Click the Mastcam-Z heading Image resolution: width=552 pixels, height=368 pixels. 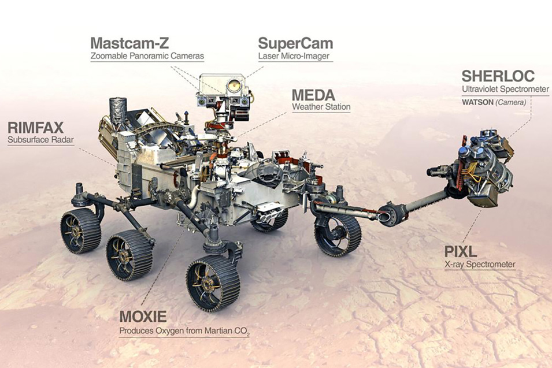129,43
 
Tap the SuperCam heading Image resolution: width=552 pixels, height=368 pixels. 295,43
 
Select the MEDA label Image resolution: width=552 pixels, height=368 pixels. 313,95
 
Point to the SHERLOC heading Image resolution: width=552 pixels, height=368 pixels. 498,76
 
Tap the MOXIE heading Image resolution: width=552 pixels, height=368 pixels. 143,317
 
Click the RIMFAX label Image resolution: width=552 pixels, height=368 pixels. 36,127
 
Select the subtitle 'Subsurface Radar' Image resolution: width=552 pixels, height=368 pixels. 41,140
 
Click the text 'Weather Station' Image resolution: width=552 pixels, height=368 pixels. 321,107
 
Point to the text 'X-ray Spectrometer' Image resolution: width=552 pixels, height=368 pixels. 480,264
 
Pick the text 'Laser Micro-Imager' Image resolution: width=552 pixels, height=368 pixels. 294,56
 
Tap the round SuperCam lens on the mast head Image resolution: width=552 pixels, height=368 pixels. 234,85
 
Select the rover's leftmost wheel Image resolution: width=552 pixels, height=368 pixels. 80,231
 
